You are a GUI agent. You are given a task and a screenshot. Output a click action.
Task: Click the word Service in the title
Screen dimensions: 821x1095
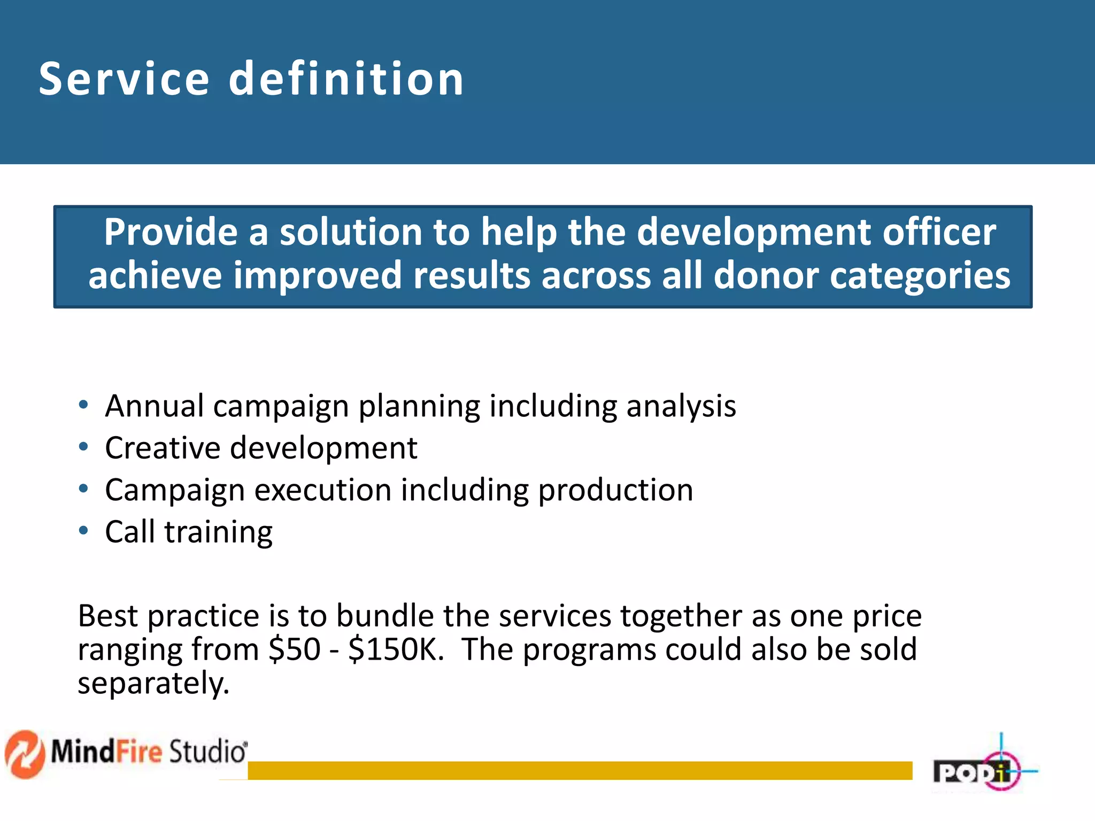tap(124, 79)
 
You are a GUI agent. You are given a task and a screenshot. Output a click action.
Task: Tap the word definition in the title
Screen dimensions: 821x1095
tap(346, 79)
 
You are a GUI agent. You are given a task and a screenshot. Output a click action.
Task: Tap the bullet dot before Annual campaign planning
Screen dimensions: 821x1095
tap(83, 405)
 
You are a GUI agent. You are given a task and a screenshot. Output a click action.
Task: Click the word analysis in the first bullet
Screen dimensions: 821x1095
tap(681, 406)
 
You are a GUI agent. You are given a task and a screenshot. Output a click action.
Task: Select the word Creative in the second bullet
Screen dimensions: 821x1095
tap(163, 448)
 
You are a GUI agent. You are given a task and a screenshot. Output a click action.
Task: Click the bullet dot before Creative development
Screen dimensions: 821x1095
tap(83, 446)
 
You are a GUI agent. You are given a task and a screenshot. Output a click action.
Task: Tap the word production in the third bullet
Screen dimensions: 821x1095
tap(615, 491)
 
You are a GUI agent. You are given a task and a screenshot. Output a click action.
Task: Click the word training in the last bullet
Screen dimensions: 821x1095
tap(218, 532)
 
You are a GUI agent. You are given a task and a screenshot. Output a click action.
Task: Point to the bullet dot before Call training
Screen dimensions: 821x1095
tap(83, 530)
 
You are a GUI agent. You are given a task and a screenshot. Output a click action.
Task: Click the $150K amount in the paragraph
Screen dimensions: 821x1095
tap(396, 650)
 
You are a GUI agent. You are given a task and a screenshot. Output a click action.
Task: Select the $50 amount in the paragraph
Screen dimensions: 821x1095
tap(294, 650)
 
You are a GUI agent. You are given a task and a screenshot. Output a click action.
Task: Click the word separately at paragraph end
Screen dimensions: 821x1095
tap(153, 684)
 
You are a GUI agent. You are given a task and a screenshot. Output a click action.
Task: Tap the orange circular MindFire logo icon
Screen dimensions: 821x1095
tap(24, 754)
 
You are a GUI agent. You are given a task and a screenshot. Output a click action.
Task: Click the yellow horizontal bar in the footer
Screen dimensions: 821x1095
tap(580, 770)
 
